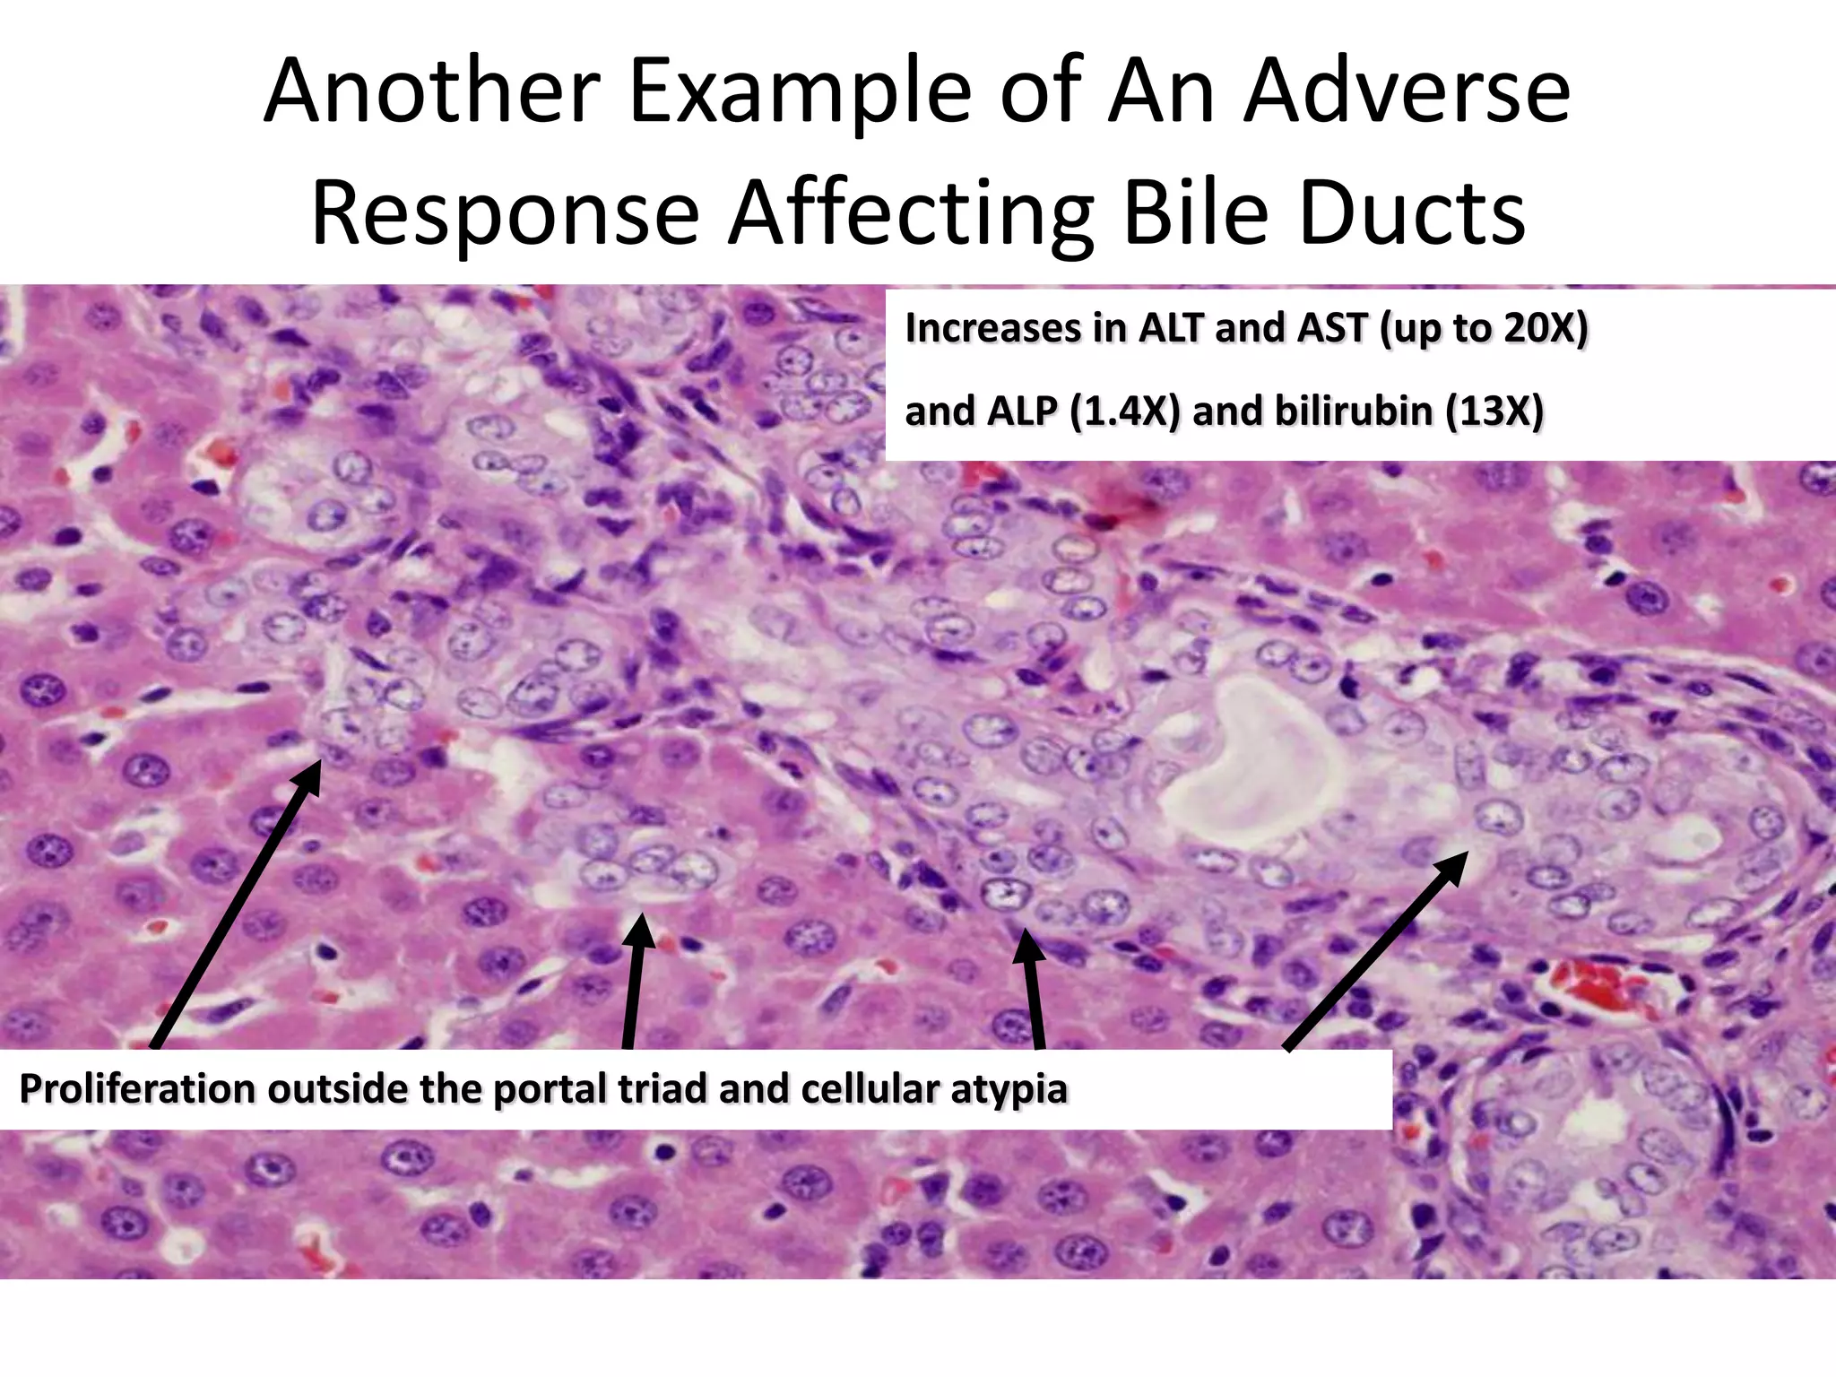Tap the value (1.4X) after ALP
1125,411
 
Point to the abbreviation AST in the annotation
1335,328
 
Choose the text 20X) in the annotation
1546,328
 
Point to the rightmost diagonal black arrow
1376,950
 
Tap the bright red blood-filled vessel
1604,983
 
